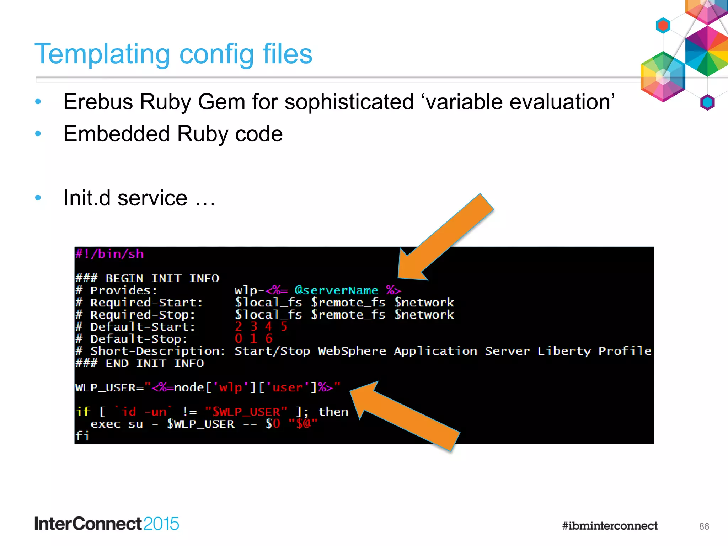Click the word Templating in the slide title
[102, 54]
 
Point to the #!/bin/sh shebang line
[109, 254]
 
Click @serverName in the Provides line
[336, 290]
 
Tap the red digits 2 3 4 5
[261, 326]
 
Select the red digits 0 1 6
[253, 338]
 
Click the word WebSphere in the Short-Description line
[352, 351]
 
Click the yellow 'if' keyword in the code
[83, 412]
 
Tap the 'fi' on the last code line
[82, 435]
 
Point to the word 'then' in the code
[333, 412]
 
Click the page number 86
[703, 526]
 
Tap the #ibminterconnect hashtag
[610, 526]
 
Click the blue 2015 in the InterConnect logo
[161, 524]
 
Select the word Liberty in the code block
[564, 351]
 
